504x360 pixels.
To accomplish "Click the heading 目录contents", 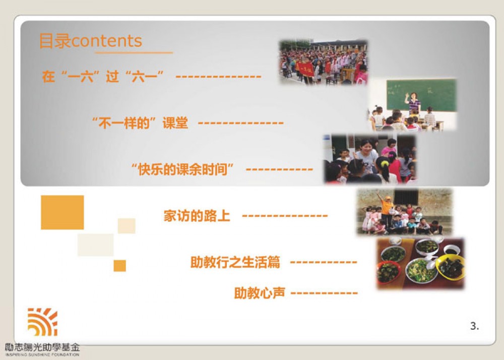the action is [90, 41].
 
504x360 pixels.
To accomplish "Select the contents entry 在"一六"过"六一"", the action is [103, 77].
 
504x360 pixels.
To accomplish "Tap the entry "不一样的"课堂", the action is [140, 123].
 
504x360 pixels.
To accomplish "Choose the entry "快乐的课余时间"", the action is [182, 169].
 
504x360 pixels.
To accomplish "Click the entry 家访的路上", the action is [197, 216].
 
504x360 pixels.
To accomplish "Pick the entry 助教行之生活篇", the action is [235, 262].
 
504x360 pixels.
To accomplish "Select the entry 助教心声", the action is [260, 293].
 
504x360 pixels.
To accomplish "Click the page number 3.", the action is [474, 326].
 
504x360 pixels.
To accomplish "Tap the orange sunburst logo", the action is [42, 322].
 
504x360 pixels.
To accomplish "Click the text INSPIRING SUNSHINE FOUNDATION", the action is [42, 354].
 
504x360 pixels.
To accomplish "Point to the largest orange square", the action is [62, 212].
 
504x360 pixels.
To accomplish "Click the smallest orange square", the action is [119, 266].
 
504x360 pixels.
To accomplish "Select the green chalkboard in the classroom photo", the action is [421, 95].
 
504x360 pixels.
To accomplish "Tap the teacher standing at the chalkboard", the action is [413, 102].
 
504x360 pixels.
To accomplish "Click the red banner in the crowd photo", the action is [304, 69].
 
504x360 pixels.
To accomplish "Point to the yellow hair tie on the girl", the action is [385, 163].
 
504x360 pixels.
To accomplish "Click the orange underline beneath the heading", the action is [134, 52].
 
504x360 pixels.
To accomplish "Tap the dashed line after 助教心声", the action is [324, 293].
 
